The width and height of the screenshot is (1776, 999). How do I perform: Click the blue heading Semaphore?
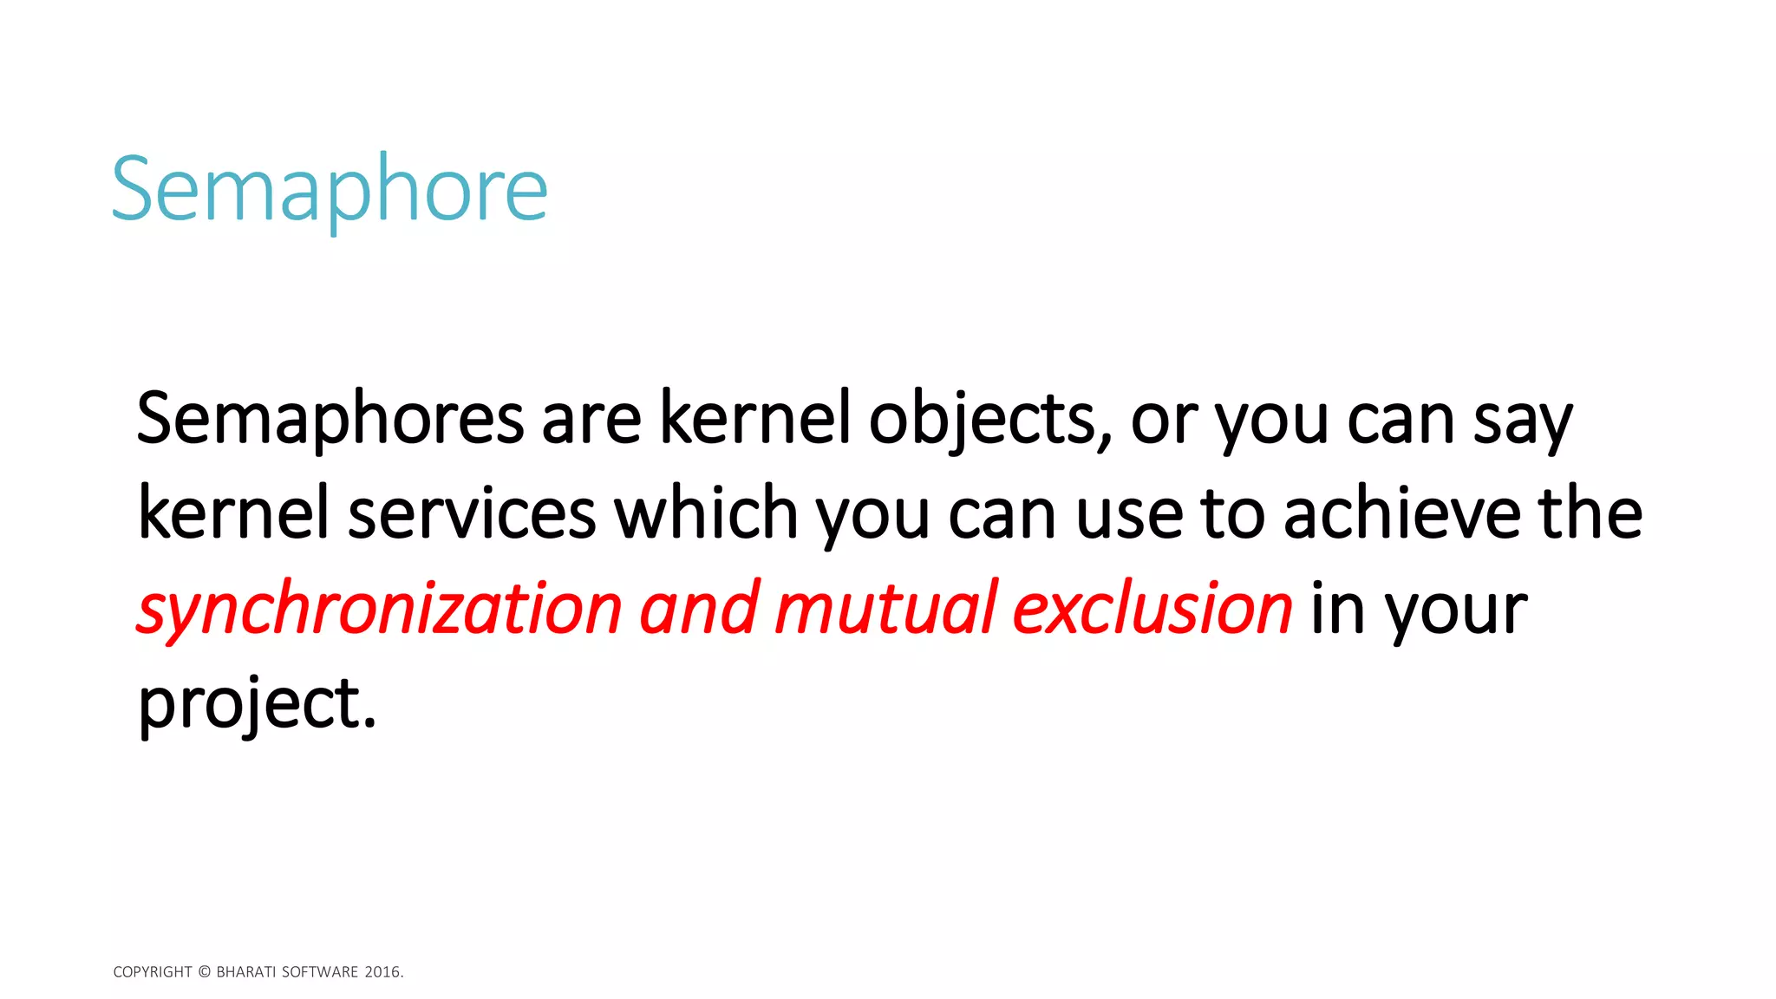(330, 189)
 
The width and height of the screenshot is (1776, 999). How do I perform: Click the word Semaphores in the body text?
(330, 419)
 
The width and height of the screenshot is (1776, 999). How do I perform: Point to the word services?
(472, 513)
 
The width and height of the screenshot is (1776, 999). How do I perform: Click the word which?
(706, 513)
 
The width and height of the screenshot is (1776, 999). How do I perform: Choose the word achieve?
(1401, 513)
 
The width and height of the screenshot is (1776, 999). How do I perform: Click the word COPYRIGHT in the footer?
(153, 972)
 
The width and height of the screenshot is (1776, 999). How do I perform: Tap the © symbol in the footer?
(205, 972)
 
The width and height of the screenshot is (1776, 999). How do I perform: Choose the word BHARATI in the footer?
(245, 972)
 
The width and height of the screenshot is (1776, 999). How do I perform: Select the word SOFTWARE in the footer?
(320, 972)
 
